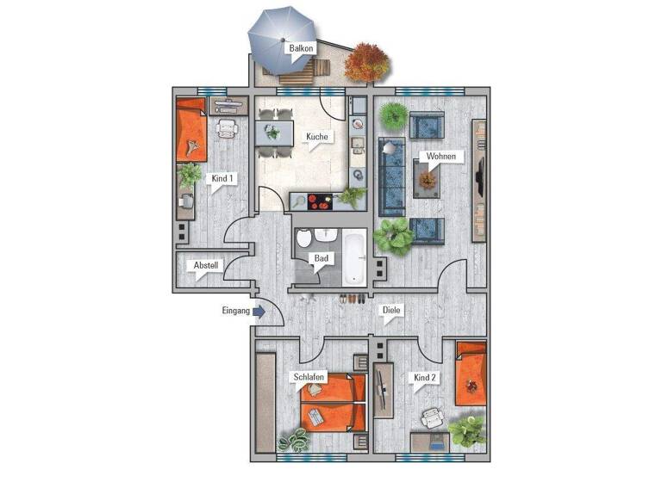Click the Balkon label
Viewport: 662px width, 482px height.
(x=301, y=49)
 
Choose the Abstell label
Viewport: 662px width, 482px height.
(x=207, y=265)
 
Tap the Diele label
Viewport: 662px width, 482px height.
(x=391, y=312)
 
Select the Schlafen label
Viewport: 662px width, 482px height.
(x=309, y=377)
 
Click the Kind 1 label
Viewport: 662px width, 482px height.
(x=222, y=178)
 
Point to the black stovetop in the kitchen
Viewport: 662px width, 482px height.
(x=317, y=203)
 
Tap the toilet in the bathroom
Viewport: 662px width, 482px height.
(x=304, y=242)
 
